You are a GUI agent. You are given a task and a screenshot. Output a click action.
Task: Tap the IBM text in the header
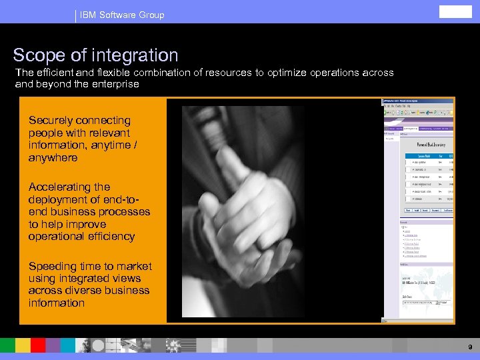coord(88,15)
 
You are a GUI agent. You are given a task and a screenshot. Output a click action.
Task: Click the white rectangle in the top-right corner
coord(455,11)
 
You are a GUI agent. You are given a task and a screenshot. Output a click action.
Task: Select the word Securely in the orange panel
coord(52,121)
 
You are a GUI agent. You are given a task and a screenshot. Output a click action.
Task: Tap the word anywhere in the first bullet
coord(53,158)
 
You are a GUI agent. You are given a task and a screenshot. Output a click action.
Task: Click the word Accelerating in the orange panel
coord(60,187)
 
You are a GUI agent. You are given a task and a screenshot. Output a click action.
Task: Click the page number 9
coord(470,347)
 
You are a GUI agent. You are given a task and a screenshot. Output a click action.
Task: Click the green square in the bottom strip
coord(7,345)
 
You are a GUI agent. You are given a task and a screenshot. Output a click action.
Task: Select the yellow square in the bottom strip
coord(23,345)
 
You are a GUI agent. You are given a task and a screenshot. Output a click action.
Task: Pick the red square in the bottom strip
coord(38,345)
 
